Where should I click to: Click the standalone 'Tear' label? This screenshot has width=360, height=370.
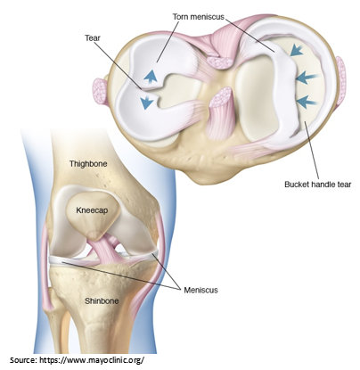tap(93, 38)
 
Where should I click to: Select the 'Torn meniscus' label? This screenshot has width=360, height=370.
tap(199, 17)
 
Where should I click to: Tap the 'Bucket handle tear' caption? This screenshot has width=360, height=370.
tap(318, 185)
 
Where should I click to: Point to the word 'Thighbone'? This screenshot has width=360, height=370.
tap(88, 164)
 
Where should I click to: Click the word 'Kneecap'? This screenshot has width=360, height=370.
tap(92, 210)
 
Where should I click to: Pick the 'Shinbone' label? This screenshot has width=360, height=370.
tap(102, 301)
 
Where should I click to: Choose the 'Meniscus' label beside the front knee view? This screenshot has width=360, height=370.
tap(200, 290)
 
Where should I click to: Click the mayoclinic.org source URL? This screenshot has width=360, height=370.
tap(92, 360)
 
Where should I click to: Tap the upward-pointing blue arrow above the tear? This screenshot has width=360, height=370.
tap(151, 76)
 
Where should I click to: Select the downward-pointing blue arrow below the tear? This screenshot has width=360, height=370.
tap(147, 103)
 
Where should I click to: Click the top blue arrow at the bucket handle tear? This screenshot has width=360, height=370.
tap(297, 50)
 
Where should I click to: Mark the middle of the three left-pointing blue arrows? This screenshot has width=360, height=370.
tap(307, 78)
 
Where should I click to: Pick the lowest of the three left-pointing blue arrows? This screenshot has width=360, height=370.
tap(307, 102)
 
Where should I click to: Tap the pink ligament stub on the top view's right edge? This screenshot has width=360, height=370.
tap(340, 75)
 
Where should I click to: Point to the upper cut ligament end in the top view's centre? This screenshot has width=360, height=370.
tap(219, 62)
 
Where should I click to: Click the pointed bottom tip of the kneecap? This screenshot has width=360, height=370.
tap(94, 237)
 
